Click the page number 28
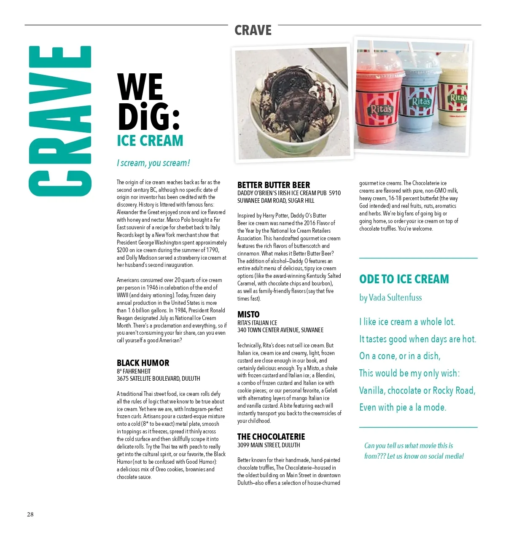coord(30,514)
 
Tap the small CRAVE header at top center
coord(253,30)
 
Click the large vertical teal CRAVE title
coord(60,121)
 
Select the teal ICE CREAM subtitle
coord(150,140)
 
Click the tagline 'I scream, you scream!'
coord(153,163)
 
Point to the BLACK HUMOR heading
coord(143,363)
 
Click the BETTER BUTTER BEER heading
coord(274,185)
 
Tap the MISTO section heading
coord(248,315)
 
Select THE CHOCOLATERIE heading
coord(271,437)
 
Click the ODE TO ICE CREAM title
coord(404,279)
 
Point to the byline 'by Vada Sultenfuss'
coord(390,298)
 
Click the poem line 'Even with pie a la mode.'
coord(403,407)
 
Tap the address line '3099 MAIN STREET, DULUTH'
coord(269,445)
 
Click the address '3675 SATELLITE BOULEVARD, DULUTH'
coord(159,379)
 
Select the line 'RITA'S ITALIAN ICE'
coord(257,323)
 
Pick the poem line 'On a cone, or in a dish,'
coord(400,356)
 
